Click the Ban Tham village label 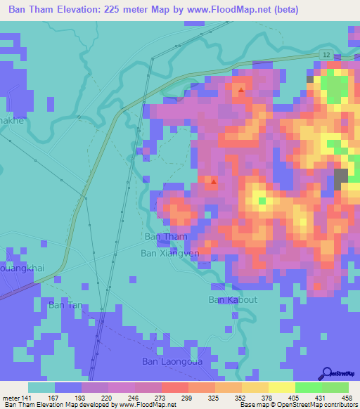click(x=165, y=237)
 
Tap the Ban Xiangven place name click(x=170, y=252)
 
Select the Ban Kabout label click(x=233, y=299)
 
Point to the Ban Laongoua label click(x=170, y=362)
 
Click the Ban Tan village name click(x=65, y=305)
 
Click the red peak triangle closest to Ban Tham click(x=214, y=184)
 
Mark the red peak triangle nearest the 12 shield click(x=241, y=90)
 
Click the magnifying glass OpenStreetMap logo click(x=327, y=372)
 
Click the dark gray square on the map click(x=341, y=178)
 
